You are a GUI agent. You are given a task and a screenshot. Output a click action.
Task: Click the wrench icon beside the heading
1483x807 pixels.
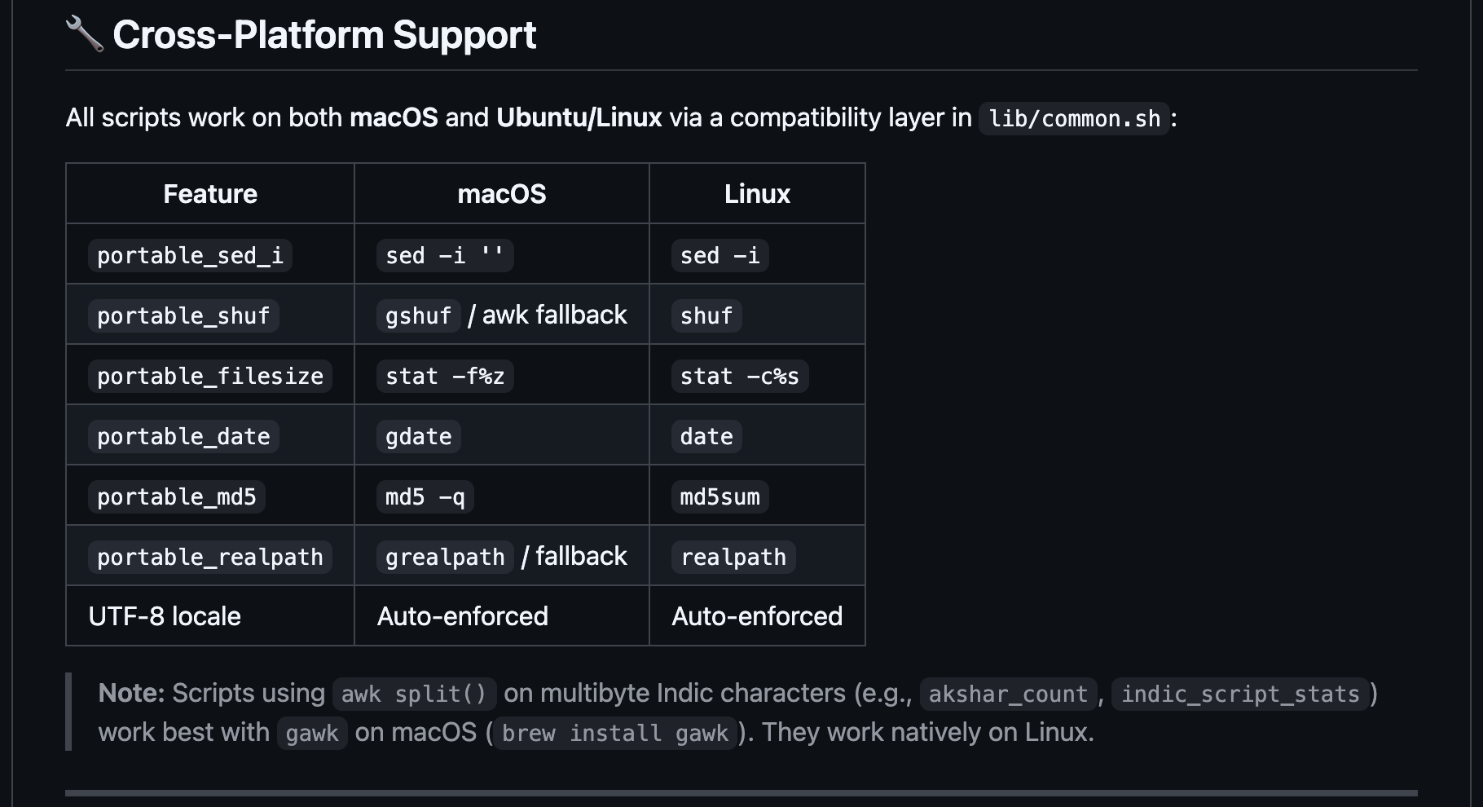pos(84,34)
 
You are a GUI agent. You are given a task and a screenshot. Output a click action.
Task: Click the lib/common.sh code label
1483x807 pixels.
pos(1074,119)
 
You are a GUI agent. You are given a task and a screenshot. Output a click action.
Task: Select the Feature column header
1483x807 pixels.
pos(210,194)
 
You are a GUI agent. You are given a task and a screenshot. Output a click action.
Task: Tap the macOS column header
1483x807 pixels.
pos(502,194)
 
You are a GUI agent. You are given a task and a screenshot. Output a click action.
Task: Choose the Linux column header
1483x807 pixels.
pos(757,194)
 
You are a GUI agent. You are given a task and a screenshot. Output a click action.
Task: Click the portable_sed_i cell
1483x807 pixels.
pos(190,256)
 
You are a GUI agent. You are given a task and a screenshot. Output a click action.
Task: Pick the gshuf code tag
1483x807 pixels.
pos(418,316)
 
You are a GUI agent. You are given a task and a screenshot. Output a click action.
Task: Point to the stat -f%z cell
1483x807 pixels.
pos(445,377)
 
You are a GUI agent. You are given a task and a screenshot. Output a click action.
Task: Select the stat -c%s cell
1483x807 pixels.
pos(739,377)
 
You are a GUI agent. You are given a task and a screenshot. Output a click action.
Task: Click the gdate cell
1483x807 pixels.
pos(418,437)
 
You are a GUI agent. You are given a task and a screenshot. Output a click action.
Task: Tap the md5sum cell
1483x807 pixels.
pos(719,497)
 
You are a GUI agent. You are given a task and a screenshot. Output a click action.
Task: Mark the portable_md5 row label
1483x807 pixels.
pos(177,497)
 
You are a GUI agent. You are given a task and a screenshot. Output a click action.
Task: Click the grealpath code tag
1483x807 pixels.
pos(445,558)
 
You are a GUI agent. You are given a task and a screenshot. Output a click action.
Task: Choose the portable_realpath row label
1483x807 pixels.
pos(210,558)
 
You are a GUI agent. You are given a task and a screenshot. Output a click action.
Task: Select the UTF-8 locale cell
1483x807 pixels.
pos(165,616)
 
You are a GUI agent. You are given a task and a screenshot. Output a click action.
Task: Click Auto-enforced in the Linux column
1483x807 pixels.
pos(757,616)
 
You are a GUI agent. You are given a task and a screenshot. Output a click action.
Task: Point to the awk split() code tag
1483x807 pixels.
pos(414,695)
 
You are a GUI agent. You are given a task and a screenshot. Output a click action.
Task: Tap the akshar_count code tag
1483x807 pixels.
pos(1008,695)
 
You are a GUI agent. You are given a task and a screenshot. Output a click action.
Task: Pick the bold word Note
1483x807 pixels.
pos(131,693)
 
